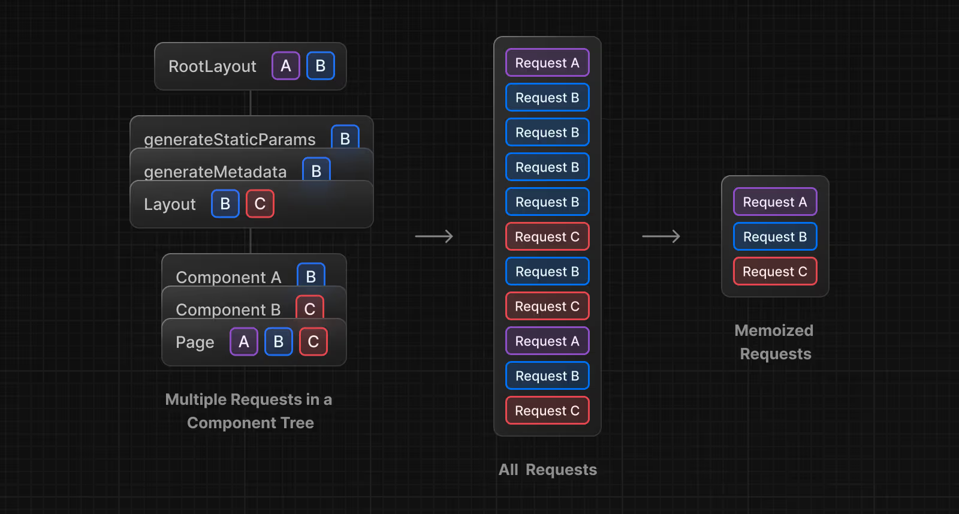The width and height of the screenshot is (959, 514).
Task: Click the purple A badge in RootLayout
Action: (x=286, y=66)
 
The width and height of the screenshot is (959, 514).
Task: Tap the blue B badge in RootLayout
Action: (x=321, y=66)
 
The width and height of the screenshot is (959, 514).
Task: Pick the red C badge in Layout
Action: (x=260, y=204)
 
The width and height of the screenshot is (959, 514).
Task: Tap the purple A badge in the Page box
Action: (x=244, y=342)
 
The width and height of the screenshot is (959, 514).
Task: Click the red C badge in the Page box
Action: (x=313, y=342)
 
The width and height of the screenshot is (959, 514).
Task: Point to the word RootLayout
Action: (x=212, y=67)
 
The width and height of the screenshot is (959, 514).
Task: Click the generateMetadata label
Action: (x=215, y=172)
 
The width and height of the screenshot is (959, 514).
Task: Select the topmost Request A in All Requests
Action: (x=547, y=63)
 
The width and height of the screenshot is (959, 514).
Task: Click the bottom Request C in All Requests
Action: (x=547, y=411)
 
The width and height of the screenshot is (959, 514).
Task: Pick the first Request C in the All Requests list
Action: (x=547, y=237)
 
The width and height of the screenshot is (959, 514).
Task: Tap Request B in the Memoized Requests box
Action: (x=775, y=237)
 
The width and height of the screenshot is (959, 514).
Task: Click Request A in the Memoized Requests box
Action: (x=775, y=202)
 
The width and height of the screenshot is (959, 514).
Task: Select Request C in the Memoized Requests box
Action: (x=775, y=272)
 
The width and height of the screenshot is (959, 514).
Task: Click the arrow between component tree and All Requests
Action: (x=434, y=236)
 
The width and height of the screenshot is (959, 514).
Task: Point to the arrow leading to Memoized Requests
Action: (x=661, y=236)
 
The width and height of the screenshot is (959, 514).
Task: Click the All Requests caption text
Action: (x=547, y=470)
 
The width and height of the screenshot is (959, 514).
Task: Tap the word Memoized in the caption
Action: (x=774, y=330)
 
